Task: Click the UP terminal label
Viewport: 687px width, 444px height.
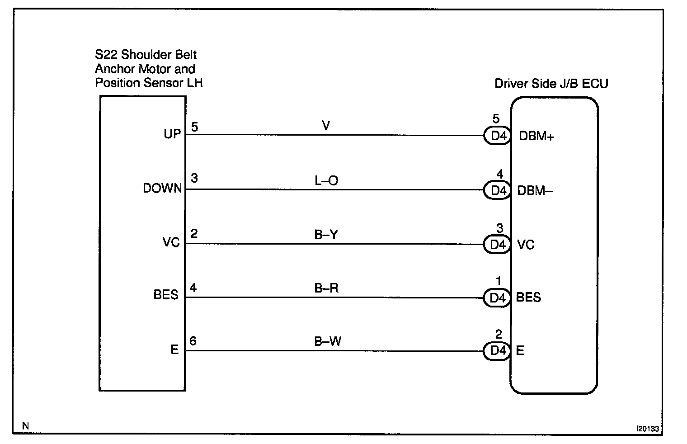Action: [x=172, y=134]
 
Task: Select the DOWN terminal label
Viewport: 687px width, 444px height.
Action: [x=162, y=189]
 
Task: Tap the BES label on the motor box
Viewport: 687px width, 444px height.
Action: [x=166, y=295]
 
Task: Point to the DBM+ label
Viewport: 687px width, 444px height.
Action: [x=536, y=136]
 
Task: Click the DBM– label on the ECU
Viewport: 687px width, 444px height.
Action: [x=535, y=191]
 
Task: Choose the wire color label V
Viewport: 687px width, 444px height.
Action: [x=326, y=125]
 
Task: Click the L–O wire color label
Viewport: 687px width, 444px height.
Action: [x=326, y=181]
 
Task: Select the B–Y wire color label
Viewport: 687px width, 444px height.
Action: [x=326, y=235]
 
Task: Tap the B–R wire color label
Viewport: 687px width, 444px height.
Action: [x=326, y=288]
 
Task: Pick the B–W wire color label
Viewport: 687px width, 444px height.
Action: [x=328, y=341]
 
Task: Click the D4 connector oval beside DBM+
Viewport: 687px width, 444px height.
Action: [x=498, y=136]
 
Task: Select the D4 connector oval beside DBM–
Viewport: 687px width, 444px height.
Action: [x=498, y=190]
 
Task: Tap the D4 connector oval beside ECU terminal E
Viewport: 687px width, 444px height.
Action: [x=497, y=350]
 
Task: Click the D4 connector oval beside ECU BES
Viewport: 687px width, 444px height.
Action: [x=497, y=298]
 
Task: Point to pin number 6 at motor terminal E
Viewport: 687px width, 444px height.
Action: [x=193, y=340]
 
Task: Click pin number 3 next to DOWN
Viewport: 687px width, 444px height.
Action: [x=194, y=178]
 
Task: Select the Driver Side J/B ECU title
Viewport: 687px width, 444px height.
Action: [x=551, y=84]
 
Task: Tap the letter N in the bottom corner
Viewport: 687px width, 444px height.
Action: [x=25, y=426]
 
